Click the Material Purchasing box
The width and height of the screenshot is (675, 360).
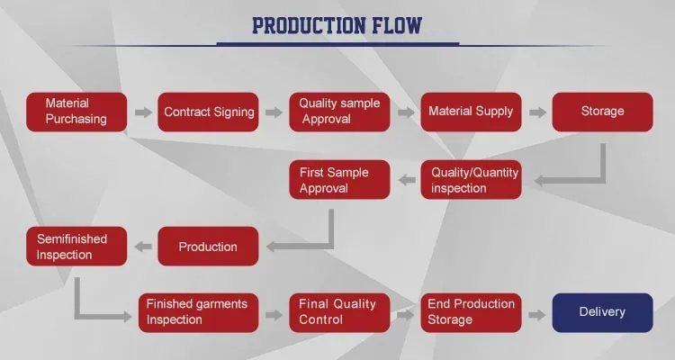(76, 112)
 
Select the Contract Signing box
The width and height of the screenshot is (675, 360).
(208, 112)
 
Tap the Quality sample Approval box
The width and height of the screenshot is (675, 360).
(338, 112)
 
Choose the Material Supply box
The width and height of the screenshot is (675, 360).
(471, 112)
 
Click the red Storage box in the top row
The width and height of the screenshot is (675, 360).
(602, 112)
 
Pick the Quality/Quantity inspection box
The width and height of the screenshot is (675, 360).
(471, 179)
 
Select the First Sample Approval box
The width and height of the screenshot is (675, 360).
(338, 179)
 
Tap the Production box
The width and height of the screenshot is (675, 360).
(208, 246)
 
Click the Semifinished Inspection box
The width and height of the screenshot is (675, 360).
(76, 246)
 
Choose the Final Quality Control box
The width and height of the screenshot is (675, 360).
(338, 312)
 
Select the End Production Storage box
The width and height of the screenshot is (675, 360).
(471, 312)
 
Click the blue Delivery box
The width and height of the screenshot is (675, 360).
(602, 312)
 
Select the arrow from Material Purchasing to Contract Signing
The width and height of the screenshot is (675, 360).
(142, 112)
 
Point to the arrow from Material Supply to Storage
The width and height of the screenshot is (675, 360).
(537, 112)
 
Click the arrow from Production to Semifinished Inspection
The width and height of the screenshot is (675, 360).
(142, 246)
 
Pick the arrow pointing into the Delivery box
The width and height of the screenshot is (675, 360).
(537, 313)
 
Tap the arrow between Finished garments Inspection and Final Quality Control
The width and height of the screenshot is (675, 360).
(274, 313)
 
